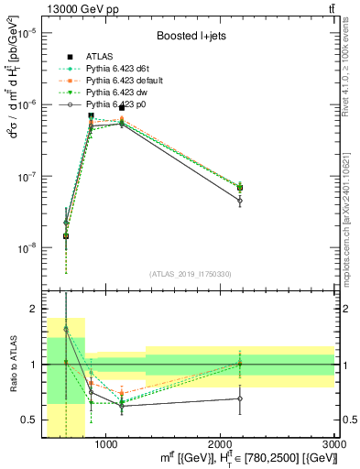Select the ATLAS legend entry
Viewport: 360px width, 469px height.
click(103, 56)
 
